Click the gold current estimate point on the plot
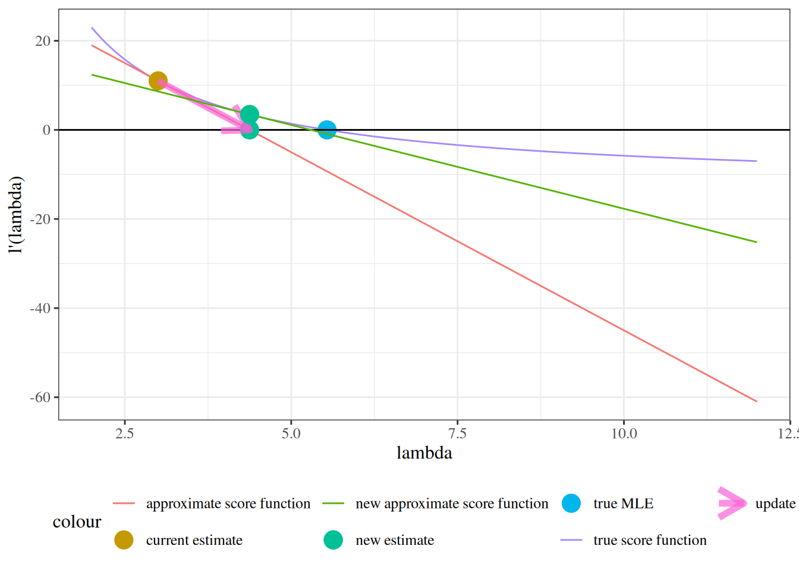pyautogui.click(x=158, y=81)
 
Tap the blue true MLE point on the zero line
pyautogui.click(x=326, y=130)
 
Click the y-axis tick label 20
pyautogui.click(x=43, y=41)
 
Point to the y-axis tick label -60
pyautogui.click(x=40, y=397)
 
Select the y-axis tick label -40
pyautogui.click(x=40, y=308)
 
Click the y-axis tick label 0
pyautogui.click(x=47, y=130)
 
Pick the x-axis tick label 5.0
pyautogui.click(x=291, y=434)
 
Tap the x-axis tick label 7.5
pyautogui.click(x=458, y=434)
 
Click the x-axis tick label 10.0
pyautogui.click(x=624, y=434)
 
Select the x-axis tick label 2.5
pyautogui.click(x=125, y=434)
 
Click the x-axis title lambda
pyautogui.click(x=424, y=453)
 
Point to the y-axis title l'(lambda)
pyautogui.click(x=16, y=215)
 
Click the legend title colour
pyautogui.click(x=77, y=522)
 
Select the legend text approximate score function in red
pyautogui.click(x=228, y=504)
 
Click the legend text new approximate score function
pyautogui.click(x=452, y=504)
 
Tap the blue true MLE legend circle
pyautogui.click(x=571, y=504)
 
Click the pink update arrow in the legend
pyautogui.click(x=731, y=503)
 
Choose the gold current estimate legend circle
pyautogui.click(x=124, y=540)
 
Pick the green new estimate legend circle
pyautogui.click(x=334, y=540)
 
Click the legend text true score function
pyautogui.click(x=650, y=540)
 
